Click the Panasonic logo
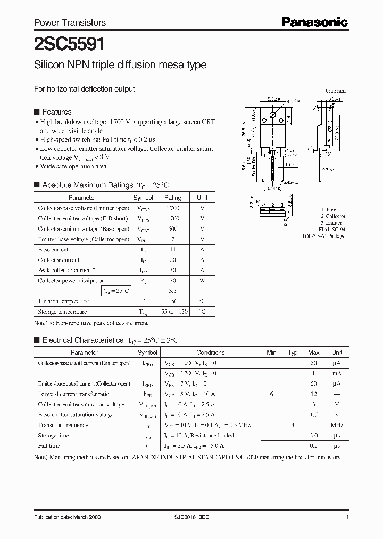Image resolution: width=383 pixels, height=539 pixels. tap(314, 22)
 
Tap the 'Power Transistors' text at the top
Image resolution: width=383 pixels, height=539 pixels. tap(70, 22)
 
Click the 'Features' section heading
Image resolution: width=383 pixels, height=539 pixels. tap(56, 112)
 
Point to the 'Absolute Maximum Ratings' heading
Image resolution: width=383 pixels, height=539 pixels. tap(87, 185)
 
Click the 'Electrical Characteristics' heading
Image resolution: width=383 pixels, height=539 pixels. tap(82, 340)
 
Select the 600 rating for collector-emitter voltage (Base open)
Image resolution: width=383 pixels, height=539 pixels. tap(172, 229)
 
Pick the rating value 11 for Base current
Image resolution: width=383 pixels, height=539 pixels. tap(172, 250)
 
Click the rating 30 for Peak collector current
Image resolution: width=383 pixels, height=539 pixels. tap(172, 271)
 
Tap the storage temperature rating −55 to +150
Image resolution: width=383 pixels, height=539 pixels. tap(172, 312)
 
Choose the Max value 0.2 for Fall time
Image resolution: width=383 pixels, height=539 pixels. tap(314, 446)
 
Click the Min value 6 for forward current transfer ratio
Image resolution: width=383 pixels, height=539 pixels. tap(271, 394)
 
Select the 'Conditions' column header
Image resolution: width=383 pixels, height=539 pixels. tap(210, 353)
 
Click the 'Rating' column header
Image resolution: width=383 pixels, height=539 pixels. tap(172, 198)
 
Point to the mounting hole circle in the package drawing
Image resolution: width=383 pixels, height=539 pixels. tap(272, 115)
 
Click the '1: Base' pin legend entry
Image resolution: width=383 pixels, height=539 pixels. tap(329, 210)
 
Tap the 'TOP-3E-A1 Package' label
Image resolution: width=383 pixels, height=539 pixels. tap(323, 236)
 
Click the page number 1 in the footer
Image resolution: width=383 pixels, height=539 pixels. tap(347, 517)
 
